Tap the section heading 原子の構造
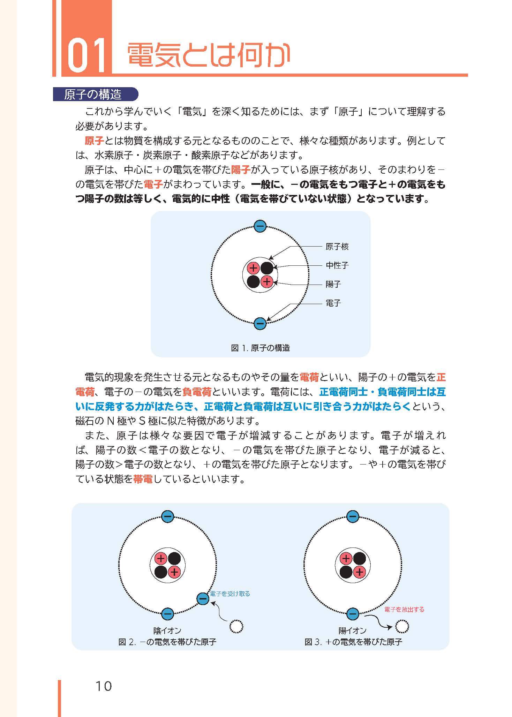(93, 95)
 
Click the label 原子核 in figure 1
(337, 247)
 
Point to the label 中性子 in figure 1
(337, 265)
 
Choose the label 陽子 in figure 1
(333, 284)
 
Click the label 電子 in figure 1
(333, 303)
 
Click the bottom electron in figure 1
(260, 323)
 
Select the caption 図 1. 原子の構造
(261, 348)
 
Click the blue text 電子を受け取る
(230, 594)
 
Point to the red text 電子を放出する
(404, 610)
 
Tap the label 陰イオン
(167, 631)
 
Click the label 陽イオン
(353, 631)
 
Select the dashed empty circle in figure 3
(402, 627)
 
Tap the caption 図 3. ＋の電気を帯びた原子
(353, 642)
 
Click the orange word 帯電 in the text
(143, 480)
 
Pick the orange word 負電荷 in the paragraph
(197, 392)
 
